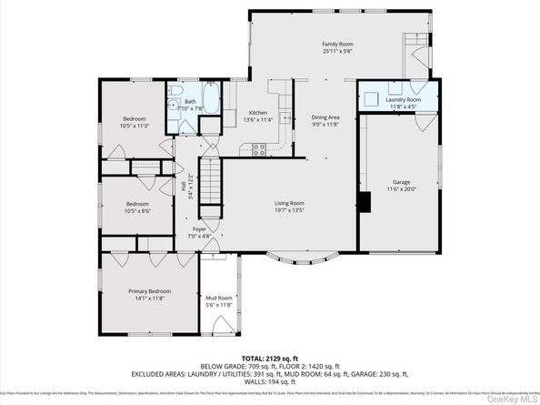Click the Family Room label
[x=336, y=44]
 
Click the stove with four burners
[x=258, y=148]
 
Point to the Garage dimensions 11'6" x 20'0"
[x=401, y=188]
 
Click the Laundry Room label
[x=401, y=99]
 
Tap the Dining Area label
[x=325, y=117]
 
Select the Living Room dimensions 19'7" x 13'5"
[x=290, y=210]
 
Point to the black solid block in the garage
[x=364, y=203]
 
